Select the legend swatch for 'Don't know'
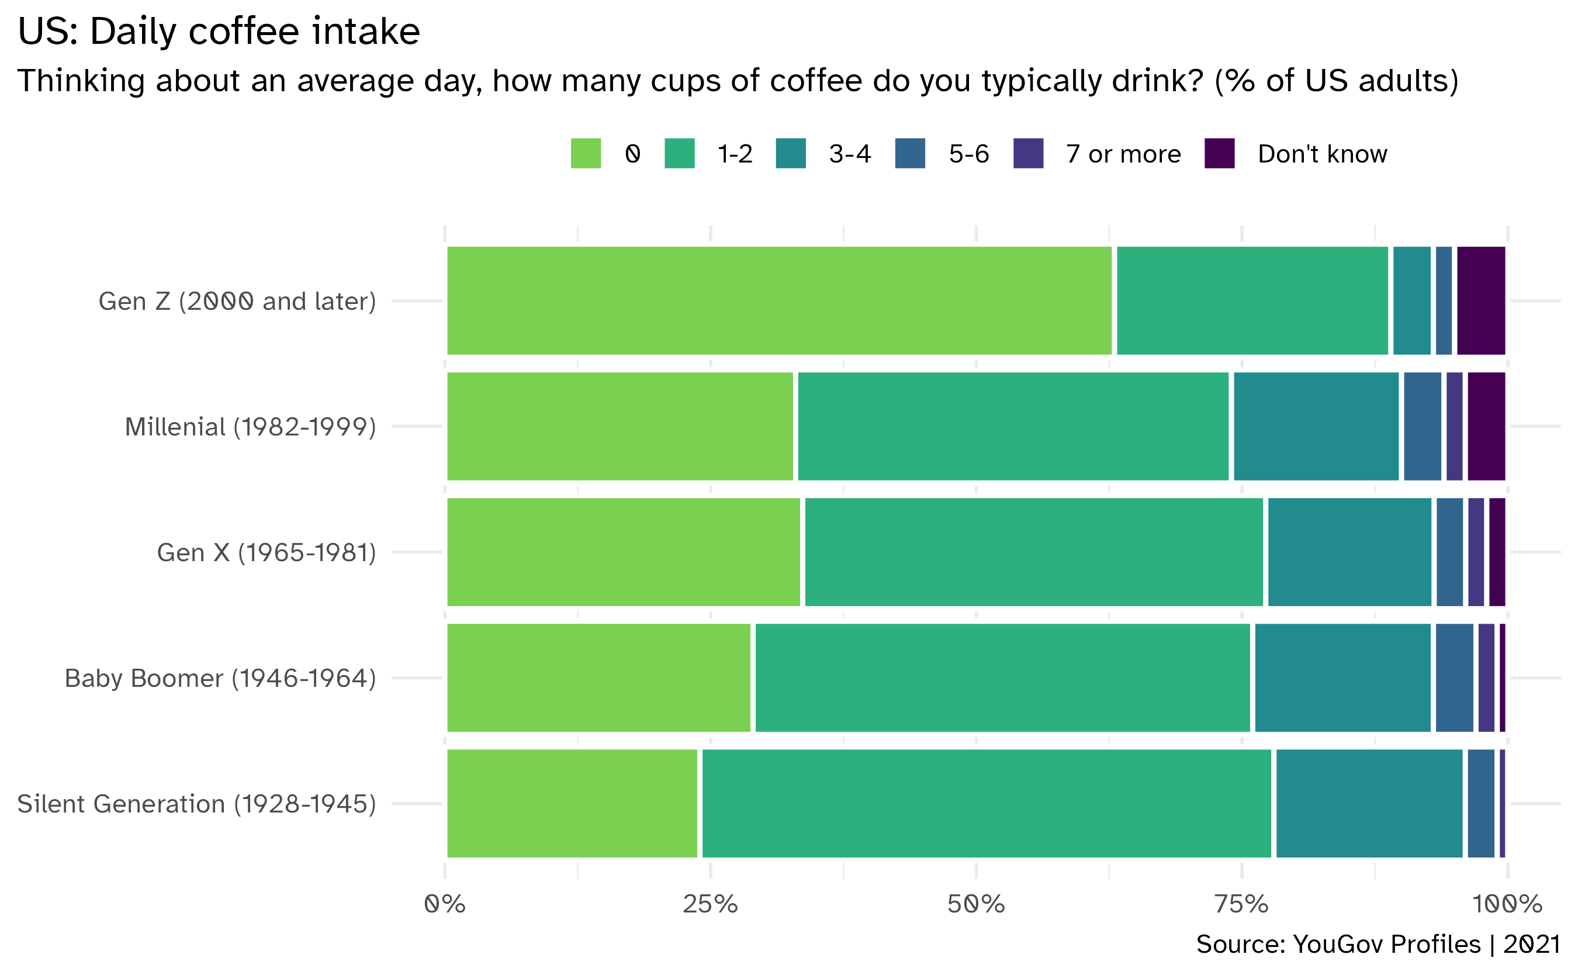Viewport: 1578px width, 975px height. pos(1219,154)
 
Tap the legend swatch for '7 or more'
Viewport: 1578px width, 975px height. pos(1027,154)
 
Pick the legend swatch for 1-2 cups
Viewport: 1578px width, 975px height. pos(679,154)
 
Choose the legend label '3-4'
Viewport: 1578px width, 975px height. pos(850,154)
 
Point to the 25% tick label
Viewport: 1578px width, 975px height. pos(710,905)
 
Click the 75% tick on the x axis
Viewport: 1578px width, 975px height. pos(1241,905)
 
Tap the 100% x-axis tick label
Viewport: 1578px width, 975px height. pos(1507,905)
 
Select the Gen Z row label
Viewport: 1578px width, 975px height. pos(237,301)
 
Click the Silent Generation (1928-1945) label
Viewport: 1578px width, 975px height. pos(196,804)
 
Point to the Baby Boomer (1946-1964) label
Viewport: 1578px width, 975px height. pos(220,679)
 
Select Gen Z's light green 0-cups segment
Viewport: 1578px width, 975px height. pos(778,300)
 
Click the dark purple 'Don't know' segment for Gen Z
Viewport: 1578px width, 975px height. pos(1480,300)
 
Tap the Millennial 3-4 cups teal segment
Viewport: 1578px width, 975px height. pos(1316,426)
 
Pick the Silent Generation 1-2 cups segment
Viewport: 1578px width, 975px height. pos(987,804)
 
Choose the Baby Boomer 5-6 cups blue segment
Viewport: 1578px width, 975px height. pos(1454,677)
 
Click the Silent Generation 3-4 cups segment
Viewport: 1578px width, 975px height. pos(1369,804)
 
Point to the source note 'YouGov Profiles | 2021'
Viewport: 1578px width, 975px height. pos(1378,944)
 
